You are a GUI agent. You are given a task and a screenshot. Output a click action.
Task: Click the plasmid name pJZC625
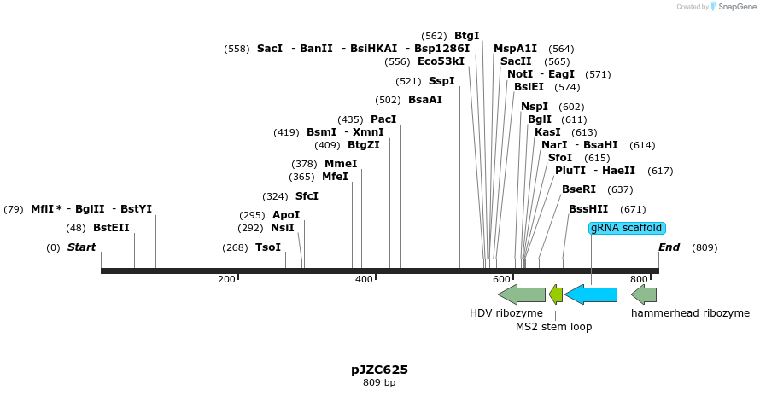tap(379, 370)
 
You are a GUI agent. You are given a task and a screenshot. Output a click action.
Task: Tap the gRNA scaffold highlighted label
tap(627, 228)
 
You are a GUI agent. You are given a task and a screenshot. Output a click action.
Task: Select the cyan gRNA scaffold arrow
tap(591, 295)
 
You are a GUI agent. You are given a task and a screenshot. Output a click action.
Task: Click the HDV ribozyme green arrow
tap(521, 295)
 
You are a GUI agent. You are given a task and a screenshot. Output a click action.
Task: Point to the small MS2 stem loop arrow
tap(556, 295)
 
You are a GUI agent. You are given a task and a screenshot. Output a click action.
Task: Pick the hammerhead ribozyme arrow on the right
tap(644, 295)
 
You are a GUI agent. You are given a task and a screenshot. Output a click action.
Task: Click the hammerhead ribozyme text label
tap(690, 313)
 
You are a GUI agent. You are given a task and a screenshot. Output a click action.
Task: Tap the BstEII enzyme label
tap(111, 228)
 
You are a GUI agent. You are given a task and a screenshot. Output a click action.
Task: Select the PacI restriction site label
tap(383, 119)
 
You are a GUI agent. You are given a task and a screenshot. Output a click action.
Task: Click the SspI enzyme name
tap(441, 81)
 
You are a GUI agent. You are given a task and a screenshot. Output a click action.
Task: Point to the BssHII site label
tap(588, 208)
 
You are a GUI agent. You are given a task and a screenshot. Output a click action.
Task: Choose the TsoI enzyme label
tap(268, 247)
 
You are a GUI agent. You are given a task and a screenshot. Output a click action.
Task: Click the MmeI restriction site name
tap(341, 164)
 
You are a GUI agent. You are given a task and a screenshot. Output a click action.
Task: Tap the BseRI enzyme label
tap(579, 189)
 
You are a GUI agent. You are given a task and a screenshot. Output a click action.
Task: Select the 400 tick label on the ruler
tap(364, 279)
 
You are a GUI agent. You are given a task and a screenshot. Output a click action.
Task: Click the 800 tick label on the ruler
tap(639, 279)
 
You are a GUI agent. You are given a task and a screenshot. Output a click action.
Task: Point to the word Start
tap(82, 247)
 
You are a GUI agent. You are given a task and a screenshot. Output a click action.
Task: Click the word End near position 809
tap(669, 247)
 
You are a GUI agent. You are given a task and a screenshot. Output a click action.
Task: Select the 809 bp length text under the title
tap(379, 382)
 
